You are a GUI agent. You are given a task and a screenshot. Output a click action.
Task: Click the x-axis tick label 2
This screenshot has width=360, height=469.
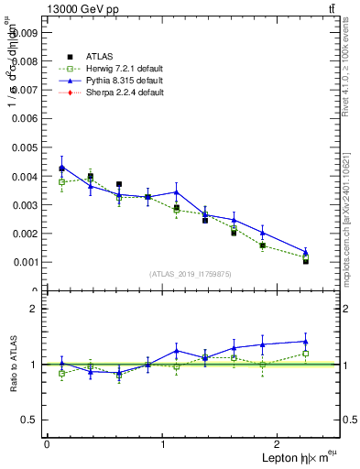pos(280,444)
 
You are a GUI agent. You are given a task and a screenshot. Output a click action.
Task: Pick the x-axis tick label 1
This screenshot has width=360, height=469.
pos(163,444)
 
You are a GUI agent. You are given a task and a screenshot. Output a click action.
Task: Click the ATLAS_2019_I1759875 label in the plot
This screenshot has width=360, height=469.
pos(192,274)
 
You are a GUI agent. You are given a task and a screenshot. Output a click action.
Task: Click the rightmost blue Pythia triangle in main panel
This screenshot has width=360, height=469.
pos(306,252)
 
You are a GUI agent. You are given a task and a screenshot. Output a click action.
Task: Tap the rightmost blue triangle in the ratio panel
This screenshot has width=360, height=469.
pos(306,342)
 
